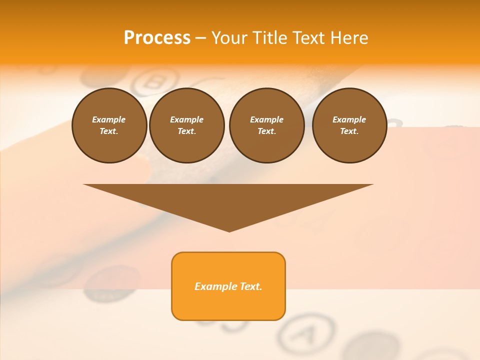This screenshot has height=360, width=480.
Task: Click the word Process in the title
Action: click(157, 38)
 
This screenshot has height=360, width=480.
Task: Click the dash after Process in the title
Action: click(201, 38)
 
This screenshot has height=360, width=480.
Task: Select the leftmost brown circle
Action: click(109, 125)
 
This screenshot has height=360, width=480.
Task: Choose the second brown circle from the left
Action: click(186, 125)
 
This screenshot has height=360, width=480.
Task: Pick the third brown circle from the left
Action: click(266, 125)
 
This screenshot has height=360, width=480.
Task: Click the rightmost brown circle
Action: click(349, 125)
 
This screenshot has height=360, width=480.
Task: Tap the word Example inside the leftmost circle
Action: click(109, 119)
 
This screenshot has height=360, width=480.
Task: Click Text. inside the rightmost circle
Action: click(349, 131)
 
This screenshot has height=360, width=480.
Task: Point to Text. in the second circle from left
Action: click(186, 131)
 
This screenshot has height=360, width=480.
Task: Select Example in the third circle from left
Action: click(266, 119)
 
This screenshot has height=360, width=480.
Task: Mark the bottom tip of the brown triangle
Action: click(228, 231)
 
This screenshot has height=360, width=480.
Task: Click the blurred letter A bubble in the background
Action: click(307, 330)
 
